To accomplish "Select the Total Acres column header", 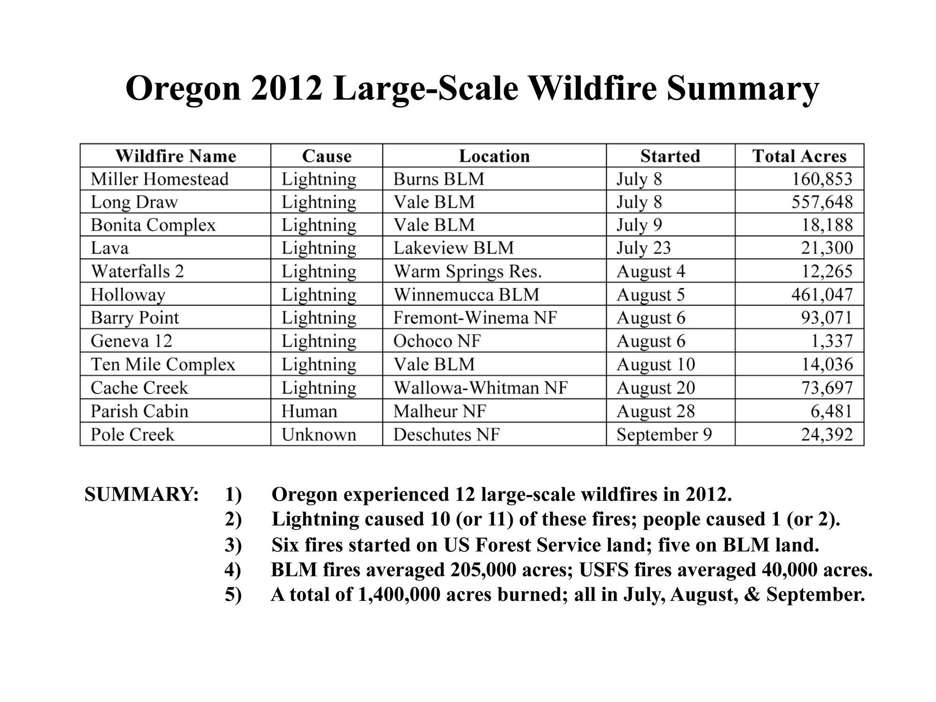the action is point(799,156).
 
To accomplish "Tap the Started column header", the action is point(670,156).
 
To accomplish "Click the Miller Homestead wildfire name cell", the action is point(160,179).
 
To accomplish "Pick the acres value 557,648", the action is point(822,202).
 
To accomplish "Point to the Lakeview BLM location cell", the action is point(453,248).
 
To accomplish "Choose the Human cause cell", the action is point(309,411).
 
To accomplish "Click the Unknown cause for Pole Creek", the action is point(319,434).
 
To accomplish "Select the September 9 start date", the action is point(664,435).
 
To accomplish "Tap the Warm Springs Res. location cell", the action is point(468,271).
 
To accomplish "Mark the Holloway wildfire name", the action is point(128,295).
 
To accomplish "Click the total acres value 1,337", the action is point(832,341).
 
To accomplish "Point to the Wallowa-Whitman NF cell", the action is point(481,388).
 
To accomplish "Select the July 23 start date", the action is point(643,248).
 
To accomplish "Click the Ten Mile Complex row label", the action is point(163,365).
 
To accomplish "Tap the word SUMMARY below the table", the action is point(142,494).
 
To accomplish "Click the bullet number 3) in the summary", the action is point(233,545).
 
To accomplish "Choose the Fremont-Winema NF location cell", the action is point(475,318).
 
